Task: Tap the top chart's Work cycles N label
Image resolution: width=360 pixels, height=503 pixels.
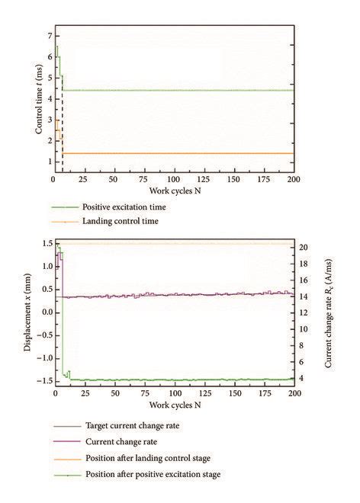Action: (x=175, y=188)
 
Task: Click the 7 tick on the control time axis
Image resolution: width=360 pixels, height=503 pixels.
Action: (x=47, y=36)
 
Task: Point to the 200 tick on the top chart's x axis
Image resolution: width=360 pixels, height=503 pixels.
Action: (x=294, y=179)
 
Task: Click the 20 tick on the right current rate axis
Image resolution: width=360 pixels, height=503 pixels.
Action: (x=304, y=248)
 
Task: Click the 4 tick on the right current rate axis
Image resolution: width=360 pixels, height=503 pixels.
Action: (x=302, y=378)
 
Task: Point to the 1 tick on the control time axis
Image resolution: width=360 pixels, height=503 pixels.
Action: (x=47, y=162)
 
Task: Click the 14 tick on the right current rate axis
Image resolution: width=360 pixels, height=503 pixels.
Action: (x=304, y=296)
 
